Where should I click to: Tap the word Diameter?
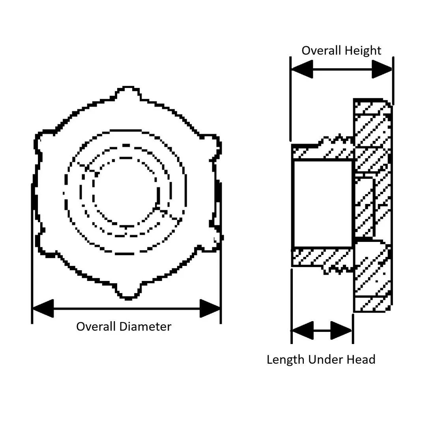click(x=145, y=327)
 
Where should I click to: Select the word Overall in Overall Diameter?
click(x=96, y=327)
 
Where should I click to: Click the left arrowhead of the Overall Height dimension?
click(x=302, y=69)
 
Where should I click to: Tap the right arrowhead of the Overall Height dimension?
click(x=382, y=69)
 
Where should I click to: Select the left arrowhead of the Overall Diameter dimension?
click(x=43, y=308)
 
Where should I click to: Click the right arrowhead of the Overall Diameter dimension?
click(x=210, y=308)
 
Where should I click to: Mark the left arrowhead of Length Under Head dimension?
click(x=303, y=331)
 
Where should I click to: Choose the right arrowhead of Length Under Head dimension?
click(x=341, y=331)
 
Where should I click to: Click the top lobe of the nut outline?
click(x=128, y=93)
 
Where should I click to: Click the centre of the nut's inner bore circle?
click(x=126, y=191)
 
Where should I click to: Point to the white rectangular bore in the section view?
click(x=323, y=204)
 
